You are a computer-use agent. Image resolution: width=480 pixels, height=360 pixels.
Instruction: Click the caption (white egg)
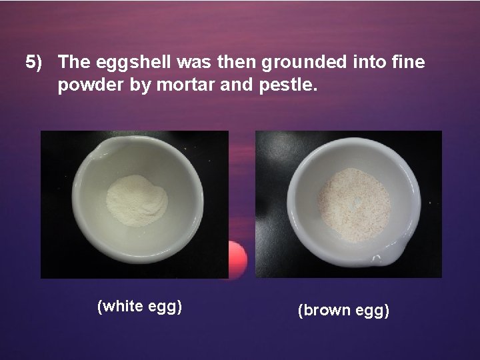[140, 307]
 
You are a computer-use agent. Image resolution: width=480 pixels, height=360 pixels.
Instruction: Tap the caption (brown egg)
[344, 310]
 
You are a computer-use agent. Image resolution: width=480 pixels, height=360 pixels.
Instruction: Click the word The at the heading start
[74, 62]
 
